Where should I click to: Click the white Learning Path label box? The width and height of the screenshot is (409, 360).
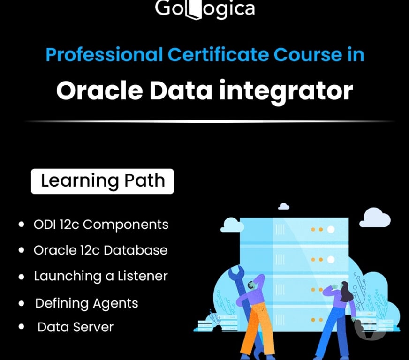(102, 181)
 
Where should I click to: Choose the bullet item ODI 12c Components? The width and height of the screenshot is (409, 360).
(101, 225)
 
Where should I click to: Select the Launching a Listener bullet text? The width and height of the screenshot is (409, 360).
(100, 276)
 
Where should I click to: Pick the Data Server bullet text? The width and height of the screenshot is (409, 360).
(76, 327)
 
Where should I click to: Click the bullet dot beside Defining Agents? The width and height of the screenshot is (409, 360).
(21, 304)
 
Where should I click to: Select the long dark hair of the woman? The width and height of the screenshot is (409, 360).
(347, 293)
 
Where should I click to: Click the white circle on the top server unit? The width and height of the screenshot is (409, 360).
(331, 229)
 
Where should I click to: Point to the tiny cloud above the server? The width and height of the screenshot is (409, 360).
(284, 206)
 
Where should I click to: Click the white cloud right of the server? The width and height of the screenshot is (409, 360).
(375, 218)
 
